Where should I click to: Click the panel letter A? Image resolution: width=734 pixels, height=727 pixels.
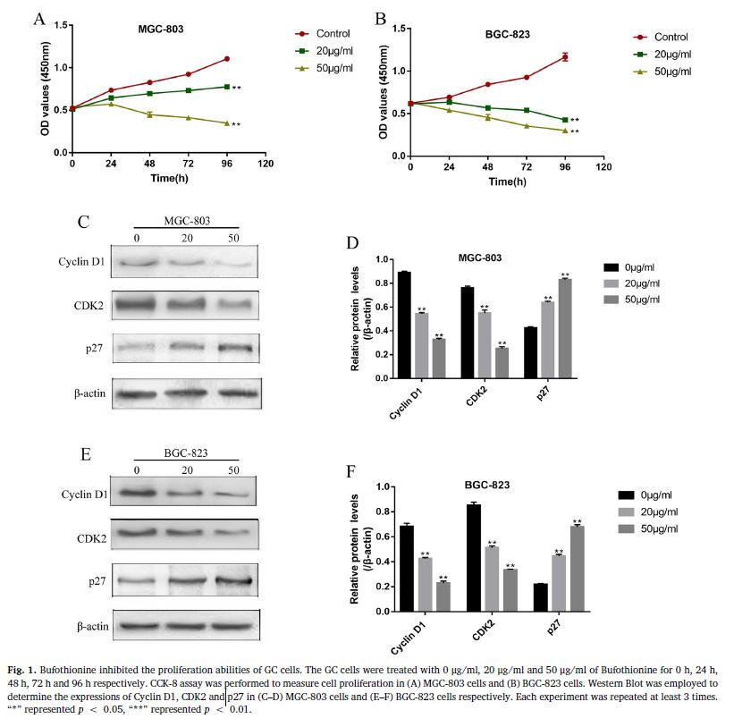click(39, 18)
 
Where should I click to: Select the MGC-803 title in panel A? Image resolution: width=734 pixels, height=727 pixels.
click(161, 29)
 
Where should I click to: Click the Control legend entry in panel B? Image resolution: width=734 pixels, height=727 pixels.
click(671, 37)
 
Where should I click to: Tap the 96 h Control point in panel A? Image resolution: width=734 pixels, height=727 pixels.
click(227, 59)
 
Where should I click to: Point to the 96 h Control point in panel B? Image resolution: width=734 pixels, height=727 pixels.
click(565, 57)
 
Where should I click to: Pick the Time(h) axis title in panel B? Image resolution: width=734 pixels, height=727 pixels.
click(507, 182)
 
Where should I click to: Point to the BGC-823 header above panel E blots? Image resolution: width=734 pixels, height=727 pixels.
click(187, 452)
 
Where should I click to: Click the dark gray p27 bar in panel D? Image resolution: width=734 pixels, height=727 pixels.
click(565, 328)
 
